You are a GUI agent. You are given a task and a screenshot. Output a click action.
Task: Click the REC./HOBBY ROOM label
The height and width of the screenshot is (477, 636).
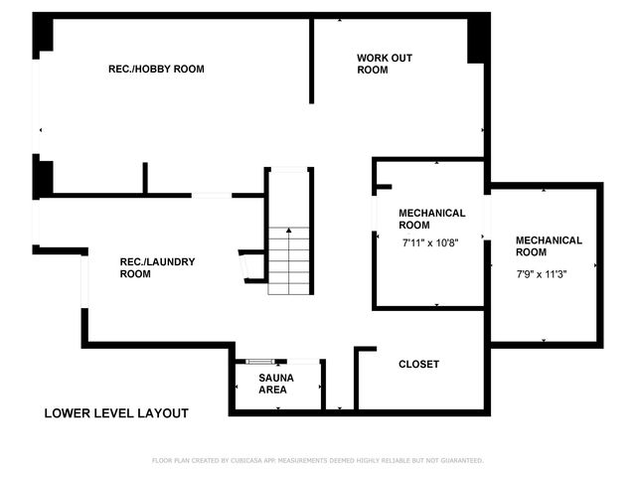pos(156,70)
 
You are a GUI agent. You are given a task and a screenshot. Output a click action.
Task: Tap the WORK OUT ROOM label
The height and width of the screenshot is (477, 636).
pos(385,64)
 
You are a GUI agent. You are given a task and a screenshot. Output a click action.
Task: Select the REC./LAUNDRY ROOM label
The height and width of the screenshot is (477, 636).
pos(157,267)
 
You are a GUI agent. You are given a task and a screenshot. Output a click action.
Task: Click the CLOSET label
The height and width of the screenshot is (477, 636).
pos(418,365)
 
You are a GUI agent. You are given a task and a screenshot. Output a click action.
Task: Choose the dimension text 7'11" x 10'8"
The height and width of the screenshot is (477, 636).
pos(432,242)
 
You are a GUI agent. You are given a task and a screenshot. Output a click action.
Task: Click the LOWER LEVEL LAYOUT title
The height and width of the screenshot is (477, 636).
pos(116,412)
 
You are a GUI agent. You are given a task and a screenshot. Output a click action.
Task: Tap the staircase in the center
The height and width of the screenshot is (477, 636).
pos(290,258)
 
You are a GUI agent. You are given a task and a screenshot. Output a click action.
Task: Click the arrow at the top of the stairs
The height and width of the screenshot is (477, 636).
pos(290,231)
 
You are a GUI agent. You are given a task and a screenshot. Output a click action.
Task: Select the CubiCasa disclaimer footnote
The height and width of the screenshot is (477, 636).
pos(317,460)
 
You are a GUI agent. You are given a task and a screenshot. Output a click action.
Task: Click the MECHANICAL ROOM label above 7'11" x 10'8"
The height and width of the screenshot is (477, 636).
pos(431,219)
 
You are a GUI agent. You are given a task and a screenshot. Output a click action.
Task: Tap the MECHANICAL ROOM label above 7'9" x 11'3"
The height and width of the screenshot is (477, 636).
pos(549,246)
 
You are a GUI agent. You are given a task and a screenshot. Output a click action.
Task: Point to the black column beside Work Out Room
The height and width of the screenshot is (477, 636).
pos(478,38)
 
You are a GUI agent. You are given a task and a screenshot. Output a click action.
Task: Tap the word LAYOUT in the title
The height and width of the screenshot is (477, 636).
pos(163,412)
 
